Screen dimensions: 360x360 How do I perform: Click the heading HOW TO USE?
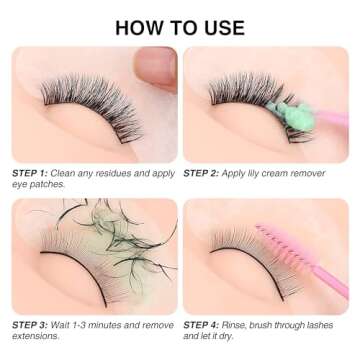[180, 27]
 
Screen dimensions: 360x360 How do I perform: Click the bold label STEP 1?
[30, 173]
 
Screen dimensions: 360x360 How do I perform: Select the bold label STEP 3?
[30, 325]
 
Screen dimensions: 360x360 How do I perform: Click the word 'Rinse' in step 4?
[238, 325]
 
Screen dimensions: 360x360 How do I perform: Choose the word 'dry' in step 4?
[235, 338]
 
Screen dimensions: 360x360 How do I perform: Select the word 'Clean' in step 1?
[63, 173]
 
